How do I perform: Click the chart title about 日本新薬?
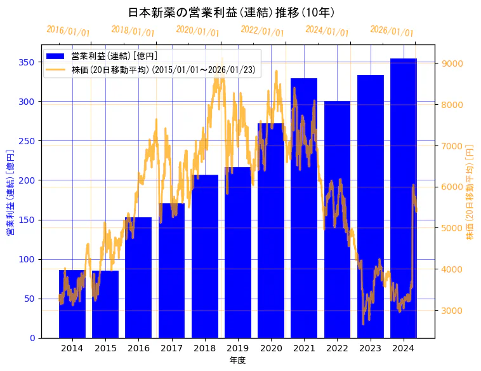point(231,12)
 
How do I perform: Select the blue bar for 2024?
point(404,198)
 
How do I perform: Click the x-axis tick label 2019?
point(238,348)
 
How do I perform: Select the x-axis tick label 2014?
point(72,348)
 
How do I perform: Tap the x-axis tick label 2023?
point(371,348)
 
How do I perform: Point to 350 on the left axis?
point(26,62)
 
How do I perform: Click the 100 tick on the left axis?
point(26,259)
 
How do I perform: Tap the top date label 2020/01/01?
point(197,31)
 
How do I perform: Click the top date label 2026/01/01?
point(392,31)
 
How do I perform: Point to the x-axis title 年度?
point(238,360)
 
